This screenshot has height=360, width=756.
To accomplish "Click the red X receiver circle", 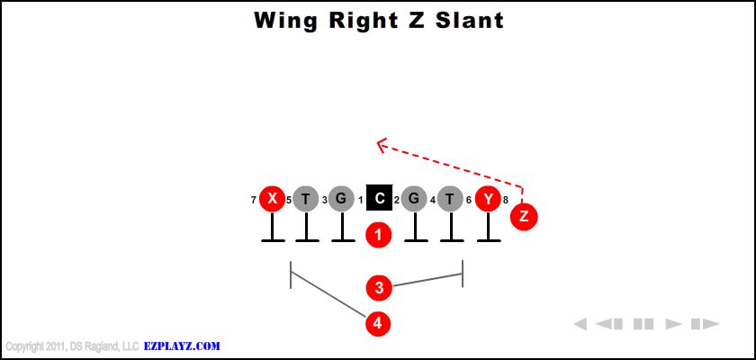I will (x=272, y=199).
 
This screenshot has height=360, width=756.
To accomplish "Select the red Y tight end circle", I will (x=488, y=199).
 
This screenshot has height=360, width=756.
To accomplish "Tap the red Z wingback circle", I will (x=524, y=216).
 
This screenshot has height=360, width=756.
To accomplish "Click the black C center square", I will (x=379, y=199).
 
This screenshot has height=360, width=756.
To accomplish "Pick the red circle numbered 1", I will (x=379, y=235).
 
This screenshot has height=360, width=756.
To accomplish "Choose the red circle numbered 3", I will (x=379, y=288).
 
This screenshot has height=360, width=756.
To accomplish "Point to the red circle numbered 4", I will (x=379, y=322).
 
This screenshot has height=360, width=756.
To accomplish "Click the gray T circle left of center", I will (x=307, y=199).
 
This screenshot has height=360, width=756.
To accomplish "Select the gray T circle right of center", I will (x=452, y=199).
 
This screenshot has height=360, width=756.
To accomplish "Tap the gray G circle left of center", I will (x=341, y=199).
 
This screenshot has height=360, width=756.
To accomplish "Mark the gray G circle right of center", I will (x=414, y=199).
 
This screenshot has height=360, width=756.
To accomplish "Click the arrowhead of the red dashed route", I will (x=382, y=143).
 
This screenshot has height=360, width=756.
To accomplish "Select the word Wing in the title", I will (x=283, y=20).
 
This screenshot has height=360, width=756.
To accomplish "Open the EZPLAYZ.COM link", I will (x=182, y=346).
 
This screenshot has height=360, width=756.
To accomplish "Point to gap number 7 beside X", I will (x=254, y=200).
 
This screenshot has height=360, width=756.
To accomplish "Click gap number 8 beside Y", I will (x=506, y=200).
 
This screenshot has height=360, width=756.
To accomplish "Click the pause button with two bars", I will (x=643, y=324).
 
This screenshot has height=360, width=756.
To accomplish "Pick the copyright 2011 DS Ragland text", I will (x=71, y=346).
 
